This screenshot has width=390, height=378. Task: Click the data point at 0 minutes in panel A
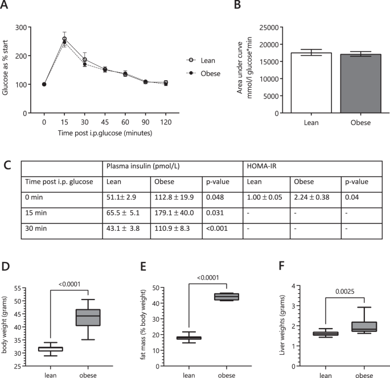(44, 84)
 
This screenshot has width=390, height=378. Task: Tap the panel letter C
(7, 167)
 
